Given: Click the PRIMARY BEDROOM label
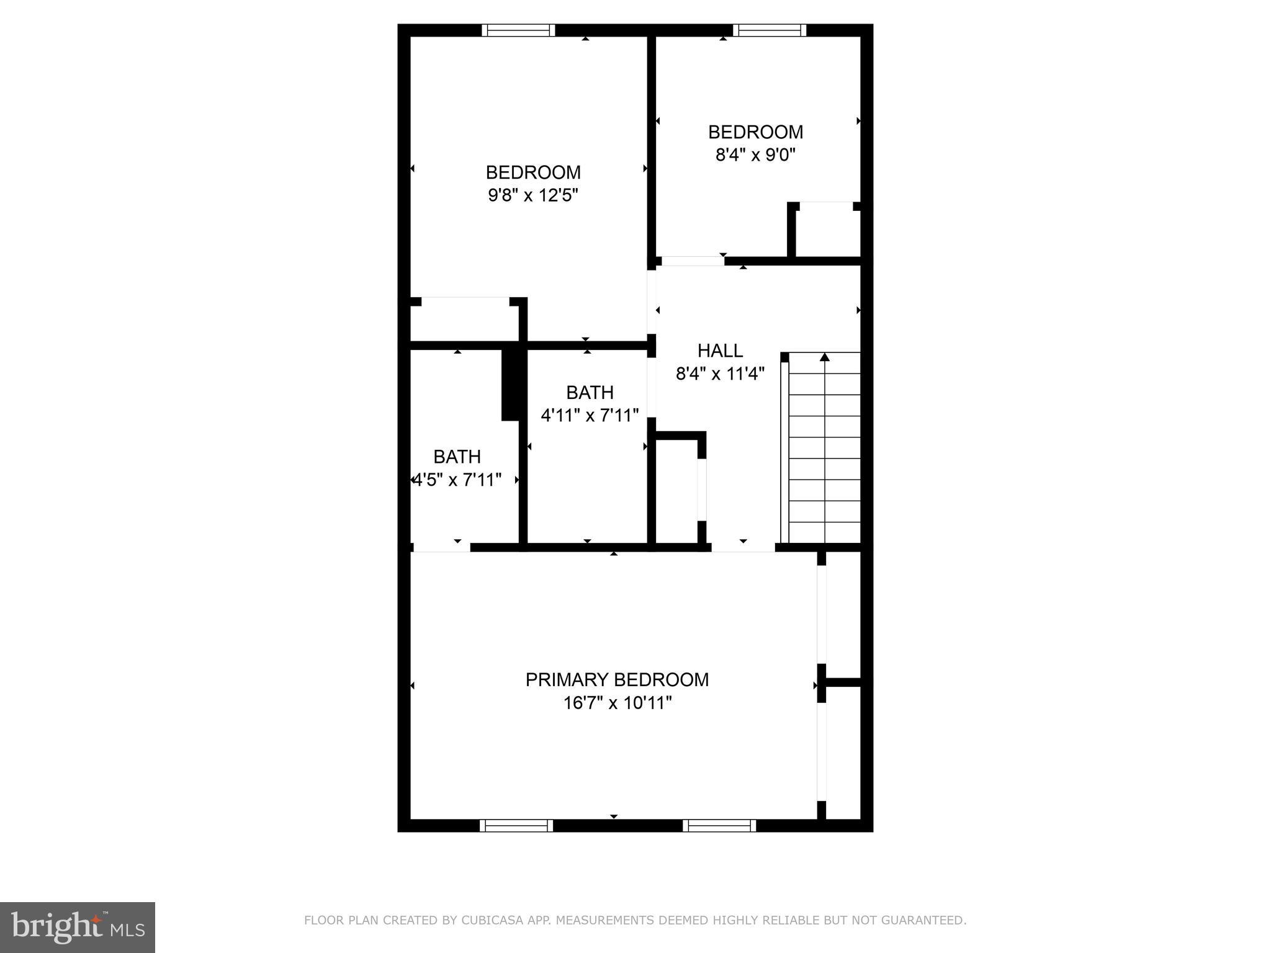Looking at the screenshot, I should click(x=617, y=680).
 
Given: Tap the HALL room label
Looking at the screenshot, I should click(x=720, y=351).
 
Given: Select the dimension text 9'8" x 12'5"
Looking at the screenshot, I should click(x=533, y=195).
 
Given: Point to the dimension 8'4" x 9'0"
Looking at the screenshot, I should click(x=755, y=154).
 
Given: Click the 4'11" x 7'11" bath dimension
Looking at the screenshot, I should click(x=590, y=415).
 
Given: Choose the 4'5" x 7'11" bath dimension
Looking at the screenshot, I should click(x=457, y=480).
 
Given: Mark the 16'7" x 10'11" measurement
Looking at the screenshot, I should click(x=618, y=703).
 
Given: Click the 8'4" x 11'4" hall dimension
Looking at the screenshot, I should click(x=720, y=374).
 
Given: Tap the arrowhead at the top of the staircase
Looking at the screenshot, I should click(x=824, y=357).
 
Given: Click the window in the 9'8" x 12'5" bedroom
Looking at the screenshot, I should click(x=518, y=30).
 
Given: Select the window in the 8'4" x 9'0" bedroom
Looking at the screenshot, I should click(x=769, y=30).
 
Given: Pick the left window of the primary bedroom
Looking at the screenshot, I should click(x=516, y=825).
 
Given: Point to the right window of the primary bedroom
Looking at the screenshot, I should click(x=719, y=825).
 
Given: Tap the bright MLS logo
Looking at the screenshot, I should click(x=78, y=928).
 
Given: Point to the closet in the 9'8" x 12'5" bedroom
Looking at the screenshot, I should click(x=465, y=320).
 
